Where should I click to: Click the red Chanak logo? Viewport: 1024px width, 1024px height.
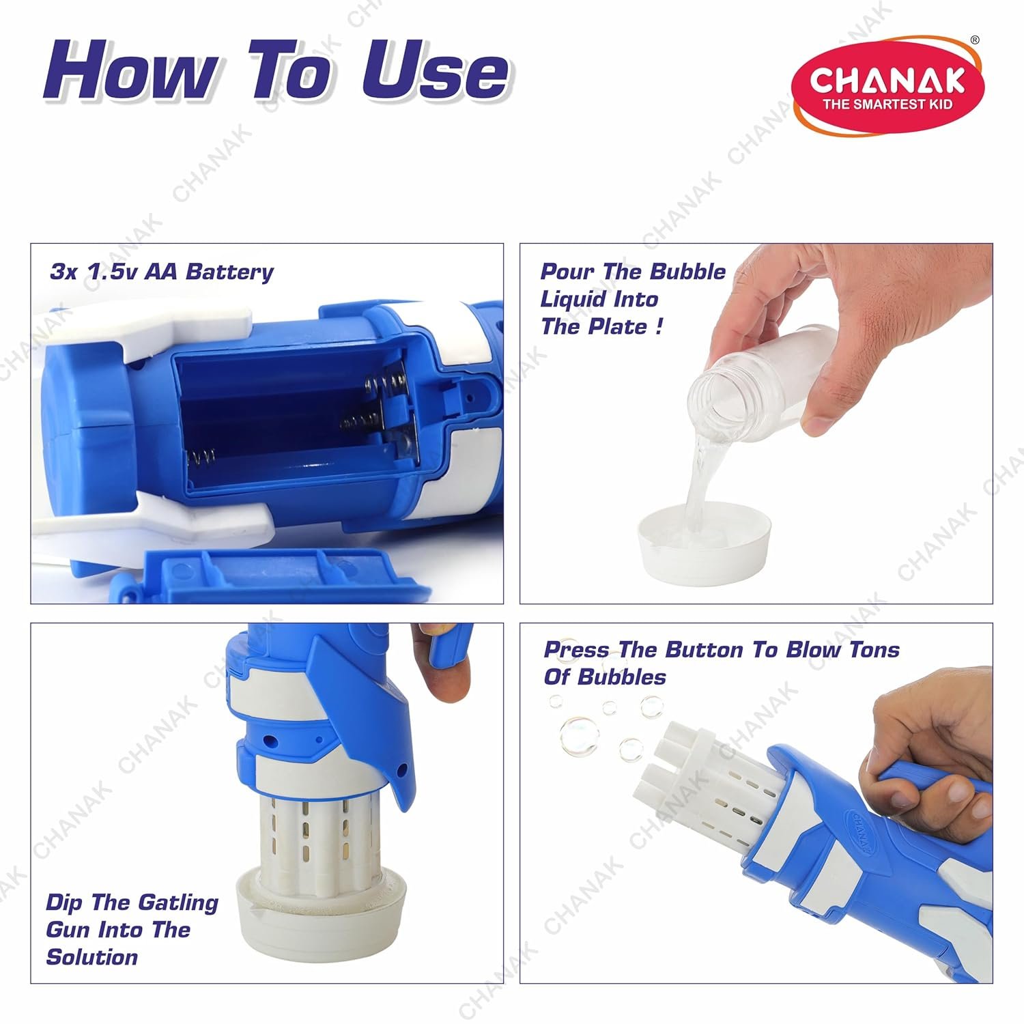[x=887, y=86]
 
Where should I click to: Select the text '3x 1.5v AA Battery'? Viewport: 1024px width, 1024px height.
[x=162, y=272]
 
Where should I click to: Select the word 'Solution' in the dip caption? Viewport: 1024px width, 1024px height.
[x=92, y=957]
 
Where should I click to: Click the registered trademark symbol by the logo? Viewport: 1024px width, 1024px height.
[x=975, y=40]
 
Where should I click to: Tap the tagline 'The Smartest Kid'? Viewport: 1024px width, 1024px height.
[x=887, y=104]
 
